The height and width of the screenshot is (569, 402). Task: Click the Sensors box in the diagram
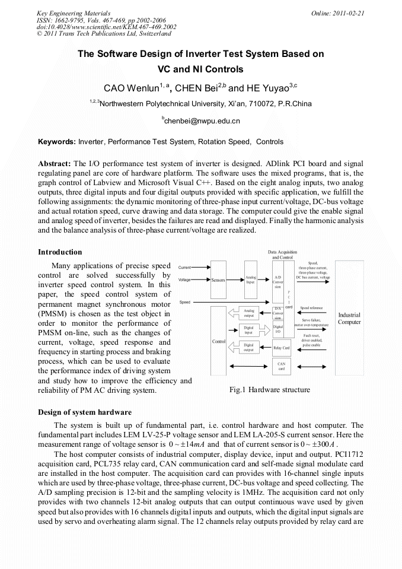[218, 279]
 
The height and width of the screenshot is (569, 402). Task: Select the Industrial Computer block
[349, 318]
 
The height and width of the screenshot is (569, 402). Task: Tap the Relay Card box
[281, 347]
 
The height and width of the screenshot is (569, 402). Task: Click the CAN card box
[281, 366]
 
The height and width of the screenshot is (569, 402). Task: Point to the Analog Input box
[250, 279]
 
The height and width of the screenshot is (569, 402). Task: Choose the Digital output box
[248, 347]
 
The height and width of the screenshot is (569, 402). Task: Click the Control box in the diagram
[218, 341]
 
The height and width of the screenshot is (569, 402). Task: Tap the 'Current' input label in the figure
[184, 269]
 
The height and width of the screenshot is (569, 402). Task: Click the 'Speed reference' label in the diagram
[311, 308]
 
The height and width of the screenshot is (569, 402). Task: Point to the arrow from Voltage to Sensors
[200, 279]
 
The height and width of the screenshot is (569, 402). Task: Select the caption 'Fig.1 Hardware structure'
[269, 390]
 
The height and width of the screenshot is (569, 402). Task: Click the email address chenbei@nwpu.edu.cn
[200, 121]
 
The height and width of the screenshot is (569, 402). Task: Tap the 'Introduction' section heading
[60, 252]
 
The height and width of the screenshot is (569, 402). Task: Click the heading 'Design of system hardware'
[84, 412]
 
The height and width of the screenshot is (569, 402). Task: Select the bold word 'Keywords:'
[57, 142]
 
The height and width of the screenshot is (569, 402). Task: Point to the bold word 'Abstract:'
[55, 163]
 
